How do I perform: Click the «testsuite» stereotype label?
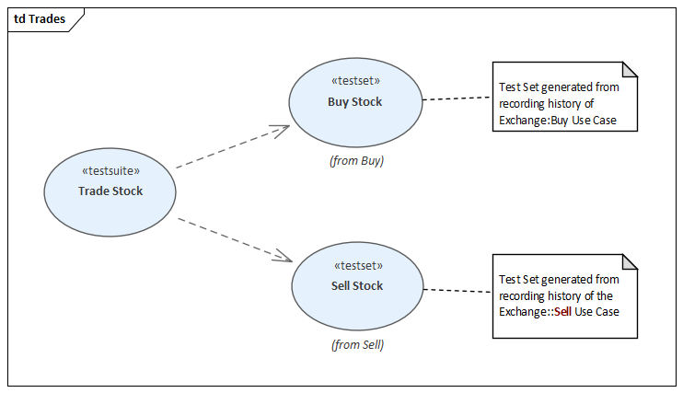(110, 171)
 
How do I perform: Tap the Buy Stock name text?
(354, 102)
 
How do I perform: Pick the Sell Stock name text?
(357, 286)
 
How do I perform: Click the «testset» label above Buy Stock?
(354, 81)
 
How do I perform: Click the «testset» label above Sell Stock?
(357, 265)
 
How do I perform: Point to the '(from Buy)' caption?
(356, 161)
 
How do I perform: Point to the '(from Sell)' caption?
(357, 346)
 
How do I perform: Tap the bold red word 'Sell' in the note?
(562, 312)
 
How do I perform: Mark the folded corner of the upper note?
(630, 69)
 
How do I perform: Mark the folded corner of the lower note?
(630, 261)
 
